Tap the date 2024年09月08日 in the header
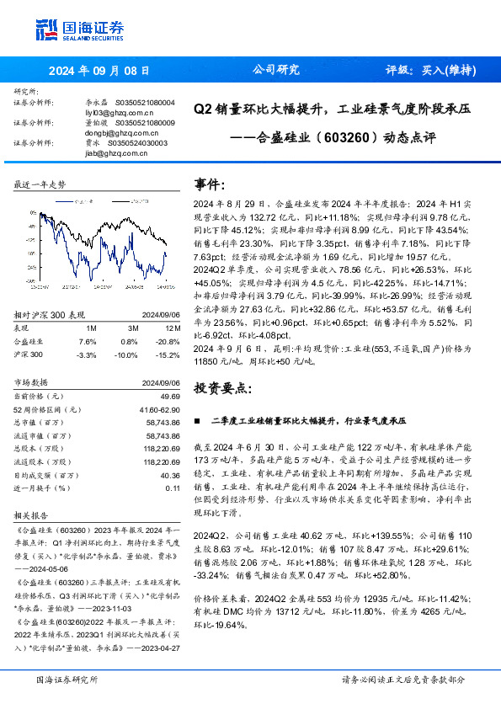pyautogui.click(x=99, y=72)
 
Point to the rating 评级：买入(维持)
pyautogui.click(x=427, y=72)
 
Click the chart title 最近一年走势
pyautogui.click(x=40, y=184)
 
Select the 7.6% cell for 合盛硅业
pyautogui.click(x=87, y=342)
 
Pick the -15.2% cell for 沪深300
pyautogui.click(x=168, y=354)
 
